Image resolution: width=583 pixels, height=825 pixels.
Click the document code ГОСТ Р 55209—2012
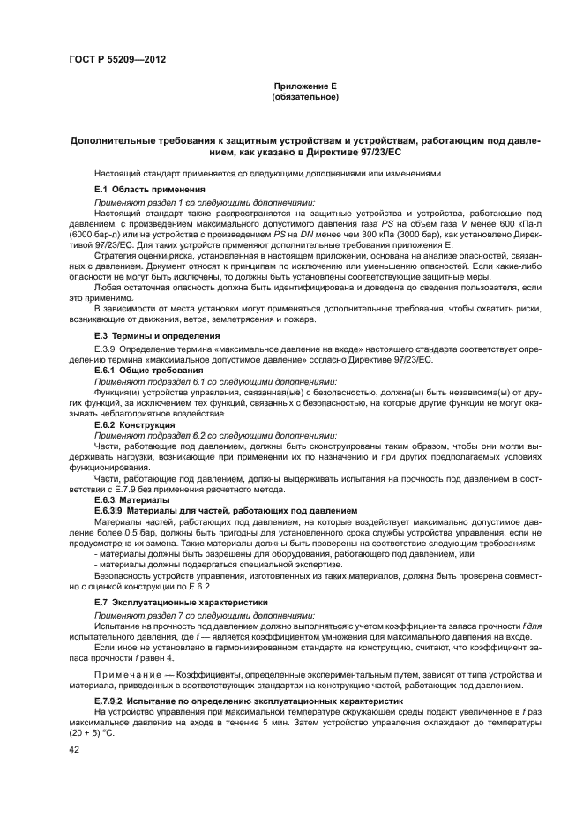click(x=117, y=59)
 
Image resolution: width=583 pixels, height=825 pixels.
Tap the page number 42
click(x=74, y=749)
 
